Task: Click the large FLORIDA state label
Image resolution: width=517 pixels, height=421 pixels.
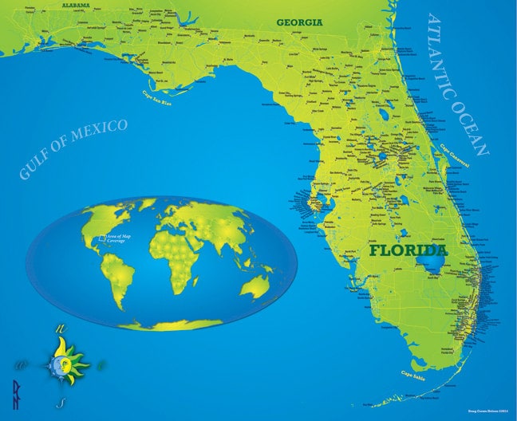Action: click(x=408, y=251)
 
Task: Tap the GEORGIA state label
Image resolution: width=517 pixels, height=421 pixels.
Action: click(x=299, y=22)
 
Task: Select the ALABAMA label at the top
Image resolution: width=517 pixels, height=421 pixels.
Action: click(x=76, y=5)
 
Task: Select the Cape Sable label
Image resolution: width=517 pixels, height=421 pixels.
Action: click(x=413, y=374)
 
